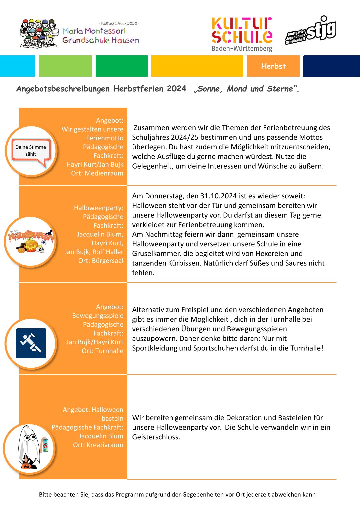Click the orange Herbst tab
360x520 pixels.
[x=273, y=66]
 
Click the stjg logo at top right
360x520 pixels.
[x=311, y=30]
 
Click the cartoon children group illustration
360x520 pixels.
[x=38, y=34]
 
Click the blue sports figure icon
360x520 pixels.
[x=31, y=343]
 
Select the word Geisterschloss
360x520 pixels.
[x=155, y=437]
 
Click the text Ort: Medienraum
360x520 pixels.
[x=97, y=173]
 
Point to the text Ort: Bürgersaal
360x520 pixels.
[x=101, y=261]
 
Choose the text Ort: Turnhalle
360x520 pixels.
[x=102, y=351]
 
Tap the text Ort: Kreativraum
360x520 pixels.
[x=98, y=445]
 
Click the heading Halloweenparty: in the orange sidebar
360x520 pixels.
[x=98, y=208]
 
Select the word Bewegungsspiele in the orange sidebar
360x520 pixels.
[x=97, y=316]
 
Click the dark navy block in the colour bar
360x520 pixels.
[x=331, y=66]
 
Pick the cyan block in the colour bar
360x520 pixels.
[x=17, y=66]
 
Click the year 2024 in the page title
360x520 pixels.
[x=176, y=89]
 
